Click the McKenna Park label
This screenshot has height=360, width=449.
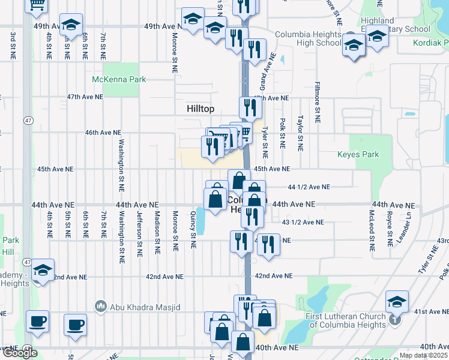119,79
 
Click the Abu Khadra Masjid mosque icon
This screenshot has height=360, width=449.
101,306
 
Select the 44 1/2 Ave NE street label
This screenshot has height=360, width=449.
309,187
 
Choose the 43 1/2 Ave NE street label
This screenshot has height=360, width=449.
303,222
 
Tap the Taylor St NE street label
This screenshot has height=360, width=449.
300,133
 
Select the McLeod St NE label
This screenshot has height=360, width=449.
372,230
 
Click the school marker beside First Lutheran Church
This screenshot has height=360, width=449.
397,301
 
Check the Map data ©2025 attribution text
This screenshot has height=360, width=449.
423,355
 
